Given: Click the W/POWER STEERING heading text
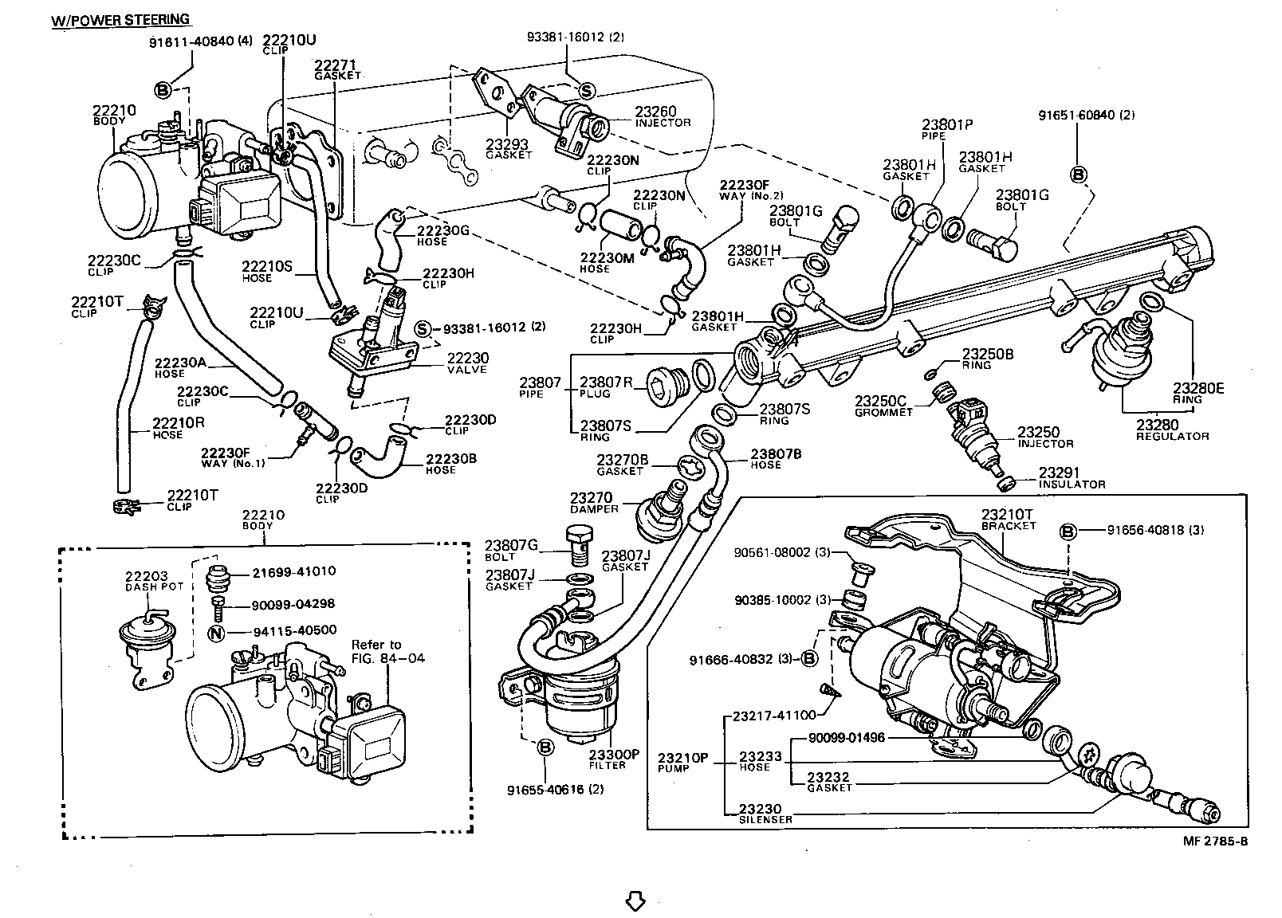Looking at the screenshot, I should (120, 19).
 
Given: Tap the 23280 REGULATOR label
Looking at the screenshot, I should (1172, 430).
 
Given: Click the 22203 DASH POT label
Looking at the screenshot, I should (153, 580).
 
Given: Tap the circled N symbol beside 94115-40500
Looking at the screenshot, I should (216, 633).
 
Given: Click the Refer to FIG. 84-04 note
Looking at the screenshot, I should (388, 651).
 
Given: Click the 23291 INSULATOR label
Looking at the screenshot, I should (1070, 477).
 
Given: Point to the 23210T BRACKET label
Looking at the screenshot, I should (1007, 519).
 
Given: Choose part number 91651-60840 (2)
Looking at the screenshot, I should (1086, 115).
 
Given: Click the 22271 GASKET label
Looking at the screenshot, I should (337, 69).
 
